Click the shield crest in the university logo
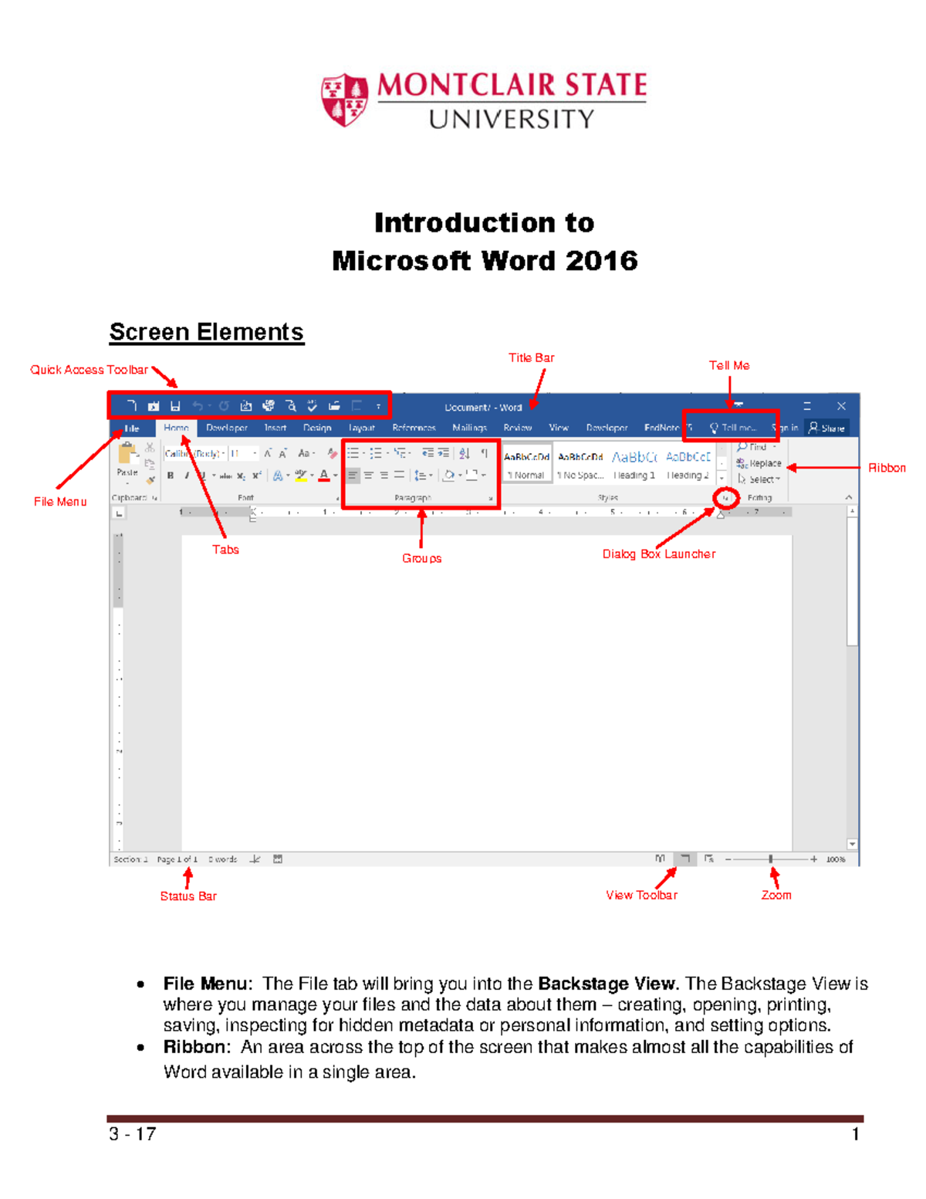coord(344,100)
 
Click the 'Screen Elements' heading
coord(206,332)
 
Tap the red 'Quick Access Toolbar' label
coord(89,370)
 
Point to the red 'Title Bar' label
coord(531,357)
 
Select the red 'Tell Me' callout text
coord(728,365)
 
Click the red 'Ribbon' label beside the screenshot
coord(887,468)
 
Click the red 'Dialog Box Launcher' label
coord(658,554)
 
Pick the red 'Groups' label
coord(421,558)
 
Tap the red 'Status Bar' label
coord(188,896)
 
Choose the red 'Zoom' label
coord(776,895)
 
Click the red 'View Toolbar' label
coord(641,895)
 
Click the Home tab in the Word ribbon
coord(176,428)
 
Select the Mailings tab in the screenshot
coord(469,428)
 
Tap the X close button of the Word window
coord(841,406)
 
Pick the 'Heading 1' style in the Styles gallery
coord(634,466)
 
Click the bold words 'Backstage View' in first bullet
coord(607,984)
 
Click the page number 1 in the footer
coord(855,1134)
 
